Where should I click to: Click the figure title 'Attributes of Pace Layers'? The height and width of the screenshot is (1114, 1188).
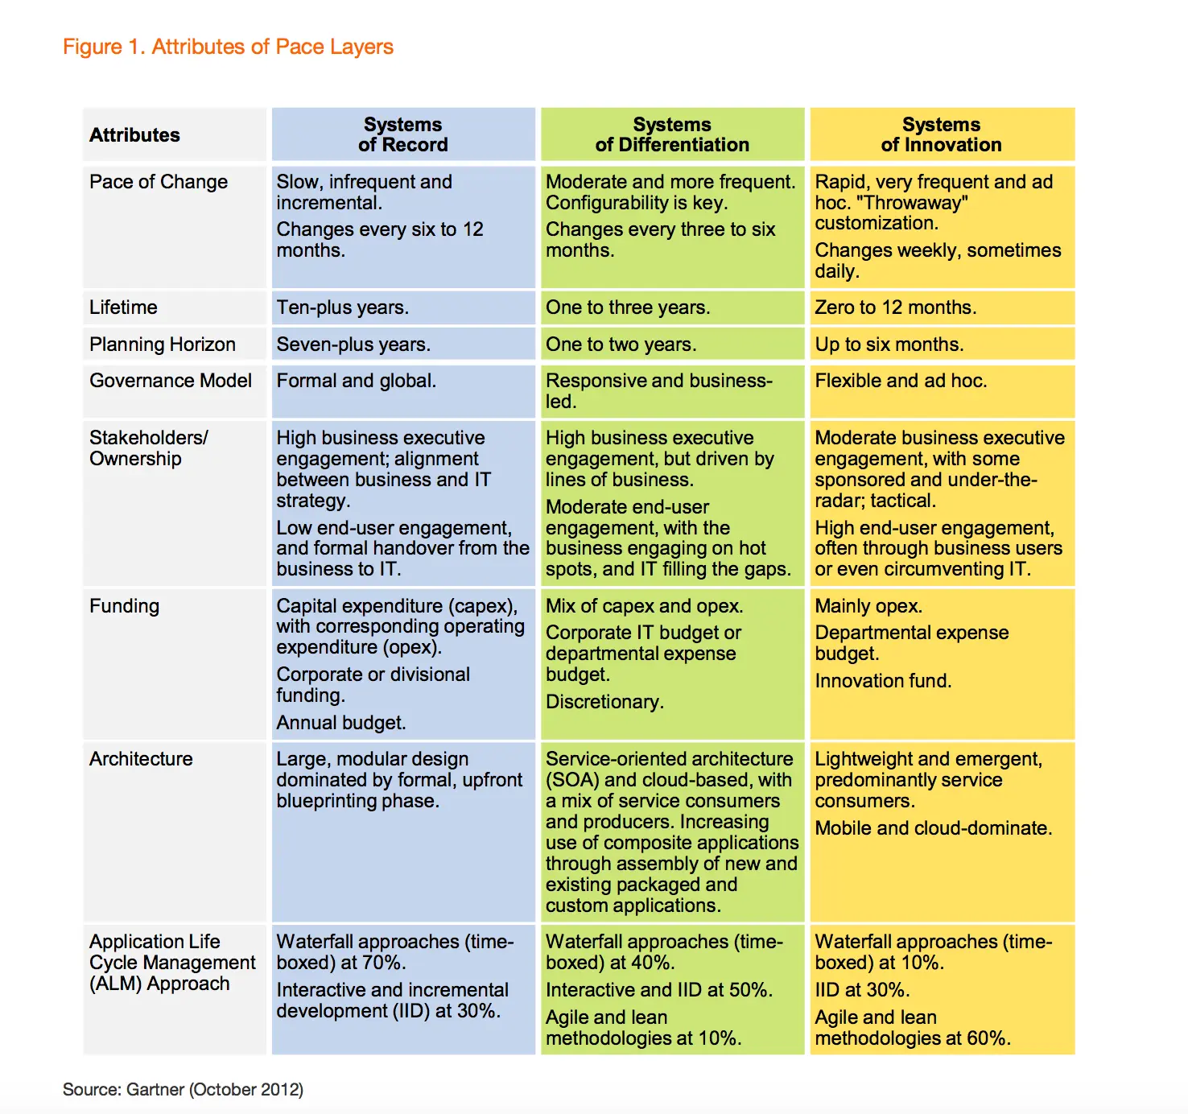tap(272, 47)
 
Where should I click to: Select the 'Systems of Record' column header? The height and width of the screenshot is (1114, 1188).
tap(403, 134)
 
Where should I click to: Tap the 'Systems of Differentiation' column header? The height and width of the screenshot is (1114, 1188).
tap(672, 134)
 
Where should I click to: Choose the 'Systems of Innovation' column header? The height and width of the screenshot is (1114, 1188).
tap(941, 134)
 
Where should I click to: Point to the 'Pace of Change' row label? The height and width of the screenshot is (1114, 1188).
tap(159, 182)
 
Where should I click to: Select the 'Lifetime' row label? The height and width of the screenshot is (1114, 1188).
tap(123, 307)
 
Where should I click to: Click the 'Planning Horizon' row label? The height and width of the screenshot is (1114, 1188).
tap(162, 345)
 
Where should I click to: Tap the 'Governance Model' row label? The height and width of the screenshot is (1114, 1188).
tap(171, 381)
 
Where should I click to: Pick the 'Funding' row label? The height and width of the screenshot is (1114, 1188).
tap(125, 606)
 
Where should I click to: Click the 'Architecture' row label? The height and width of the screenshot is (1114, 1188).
tap(141, 759)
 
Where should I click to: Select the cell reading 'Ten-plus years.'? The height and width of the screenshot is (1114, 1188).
tap(343, 307)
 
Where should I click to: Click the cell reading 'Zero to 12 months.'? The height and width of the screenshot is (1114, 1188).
tap(896, 307)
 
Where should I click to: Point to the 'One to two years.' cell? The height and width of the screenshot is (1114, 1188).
tap(621, 345)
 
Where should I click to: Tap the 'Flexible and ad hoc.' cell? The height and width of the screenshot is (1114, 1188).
tap(901, 381)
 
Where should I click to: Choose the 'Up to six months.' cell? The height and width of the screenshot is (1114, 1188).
tap(889, 345)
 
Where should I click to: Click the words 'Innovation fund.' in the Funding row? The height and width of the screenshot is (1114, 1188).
tap(883, 681)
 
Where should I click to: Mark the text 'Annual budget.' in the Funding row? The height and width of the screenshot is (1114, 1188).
tap(341, 723)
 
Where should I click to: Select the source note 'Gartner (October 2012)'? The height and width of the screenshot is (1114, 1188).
tap(215, 1090)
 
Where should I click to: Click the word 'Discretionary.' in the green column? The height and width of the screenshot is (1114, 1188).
tap(604, 702)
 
